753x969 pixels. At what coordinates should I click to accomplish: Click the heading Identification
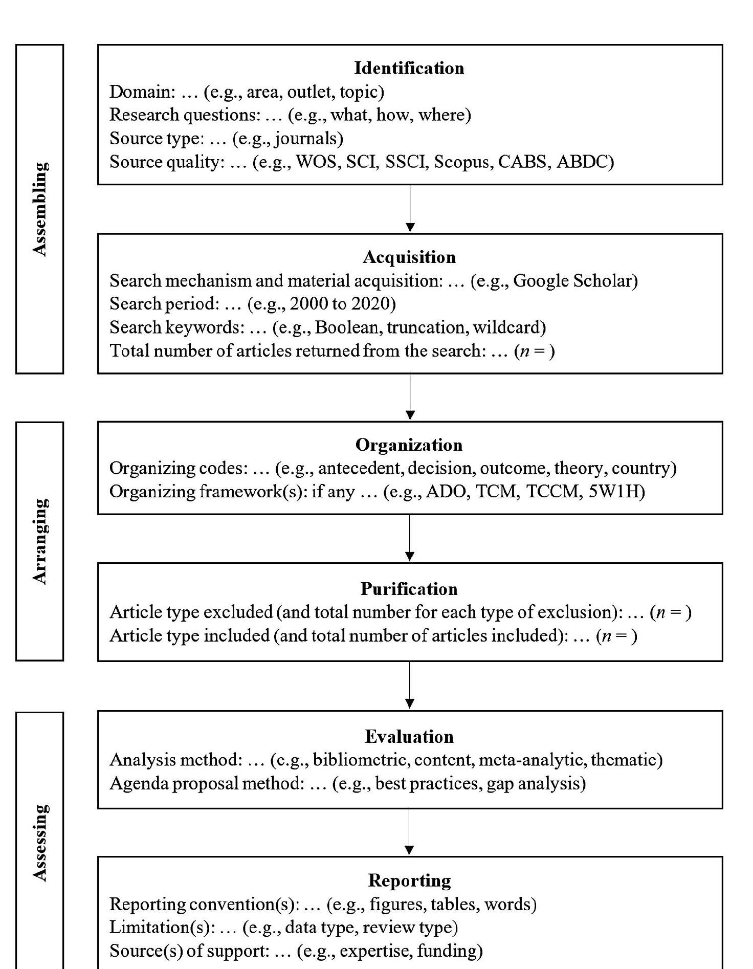[409, 68]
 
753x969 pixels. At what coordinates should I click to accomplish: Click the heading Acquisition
[409, 257]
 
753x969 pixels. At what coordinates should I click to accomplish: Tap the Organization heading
[409, 445]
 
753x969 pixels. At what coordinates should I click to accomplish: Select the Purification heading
[409, 589]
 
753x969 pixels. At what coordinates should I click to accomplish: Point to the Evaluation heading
[409, 736]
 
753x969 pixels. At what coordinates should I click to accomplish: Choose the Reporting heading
[409, 880]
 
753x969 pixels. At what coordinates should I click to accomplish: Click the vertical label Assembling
[40, 209]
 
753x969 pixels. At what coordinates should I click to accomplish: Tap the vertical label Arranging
[40, 541]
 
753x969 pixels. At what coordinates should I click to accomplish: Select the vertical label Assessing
[40, 842]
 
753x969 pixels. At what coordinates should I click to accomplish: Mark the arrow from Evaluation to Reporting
[410, 832]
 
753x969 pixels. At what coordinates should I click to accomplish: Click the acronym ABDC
[582, 162]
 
